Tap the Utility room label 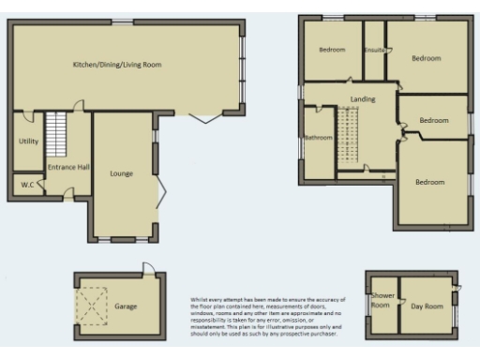27,141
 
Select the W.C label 27,185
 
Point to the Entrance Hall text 68,167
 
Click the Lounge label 121,173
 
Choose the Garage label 126,306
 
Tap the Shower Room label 381,301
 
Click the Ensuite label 375,49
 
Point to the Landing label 362,98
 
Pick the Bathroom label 318,138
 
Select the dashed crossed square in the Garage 93,304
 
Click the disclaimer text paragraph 265,316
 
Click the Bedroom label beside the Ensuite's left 332,50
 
